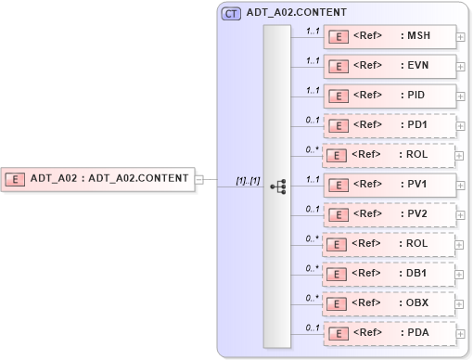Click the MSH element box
coord(390,37)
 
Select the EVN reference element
coord(390,67)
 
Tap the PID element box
coord(390,96)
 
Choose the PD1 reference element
coord(390,125)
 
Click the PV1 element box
coord(390,184)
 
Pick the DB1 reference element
coord(390,273)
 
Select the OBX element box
coord(390,302)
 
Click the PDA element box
coord(390,332)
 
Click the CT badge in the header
coord(231,14)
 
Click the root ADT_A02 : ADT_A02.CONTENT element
coord(98,178)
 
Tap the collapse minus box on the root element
coord(199,178)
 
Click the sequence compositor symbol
coord(277,186)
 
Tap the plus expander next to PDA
coord(461,337)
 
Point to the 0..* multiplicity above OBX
coord(313,297)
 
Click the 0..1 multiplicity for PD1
coord(313,120)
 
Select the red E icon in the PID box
coord(340,96)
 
